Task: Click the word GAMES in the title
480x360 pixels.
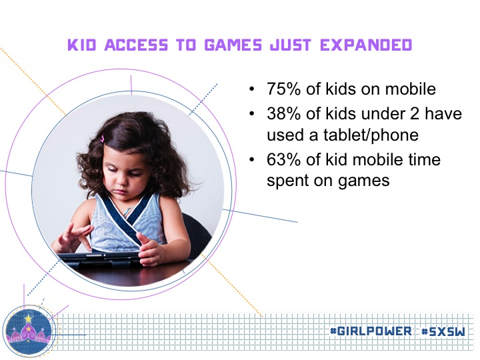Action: click(233, 45)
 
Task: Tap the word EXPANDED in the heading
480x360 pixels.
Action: click(366, 45)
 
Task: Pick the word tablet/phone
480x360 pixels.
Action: click(371, 135)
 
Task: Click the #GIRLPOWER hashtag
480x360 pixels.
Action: click(371, 331)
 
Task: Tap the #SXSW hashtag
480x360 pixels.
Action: click(443, 331)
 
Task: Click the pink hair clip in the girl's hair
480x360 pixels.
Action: click(103, 139)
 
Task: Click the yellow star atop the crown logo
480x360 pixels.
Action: click(29, 319)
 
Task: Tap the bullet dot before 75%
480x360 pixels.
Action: click(252, 89)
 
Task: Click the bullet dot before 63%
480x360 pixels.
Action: click(252, 160)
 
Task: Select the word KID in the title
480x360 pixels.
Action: click(82, 45)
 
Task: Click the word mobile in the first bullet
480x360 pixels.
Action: click(411, 89)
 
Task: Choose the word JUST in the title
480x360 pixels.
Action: click(291, 45)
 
